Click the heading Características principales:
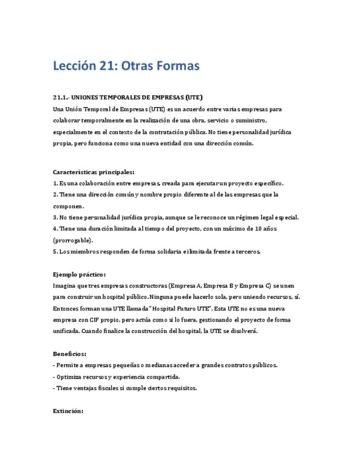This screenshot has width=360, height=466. tap(93, 172)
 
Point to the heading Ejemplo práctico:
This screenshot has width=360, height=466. tap(79, 274)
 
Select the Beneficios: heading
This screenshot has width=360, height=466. tap(69, 354)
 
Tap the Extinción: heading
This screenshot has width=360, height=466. tap(68, 410)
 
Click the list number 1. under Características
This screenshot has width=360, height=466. tap(56, 183)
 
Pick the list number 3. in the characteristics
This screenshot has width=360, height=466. tap(56, 218)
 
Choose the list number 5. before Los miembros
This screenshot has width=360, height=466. tap(56, 252)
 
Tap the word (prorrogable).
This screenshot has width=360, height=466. tap(73, 240)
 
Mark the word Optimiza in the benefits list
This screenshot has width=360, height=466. tap(70, 377)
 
